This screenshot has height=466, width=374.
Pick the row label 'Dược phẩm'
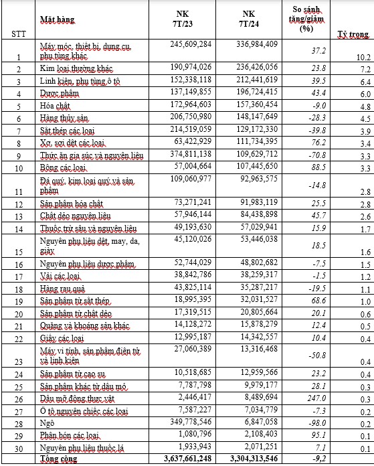point(59,92)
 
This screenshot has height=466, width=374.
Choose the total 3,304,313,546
point(252,459)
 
